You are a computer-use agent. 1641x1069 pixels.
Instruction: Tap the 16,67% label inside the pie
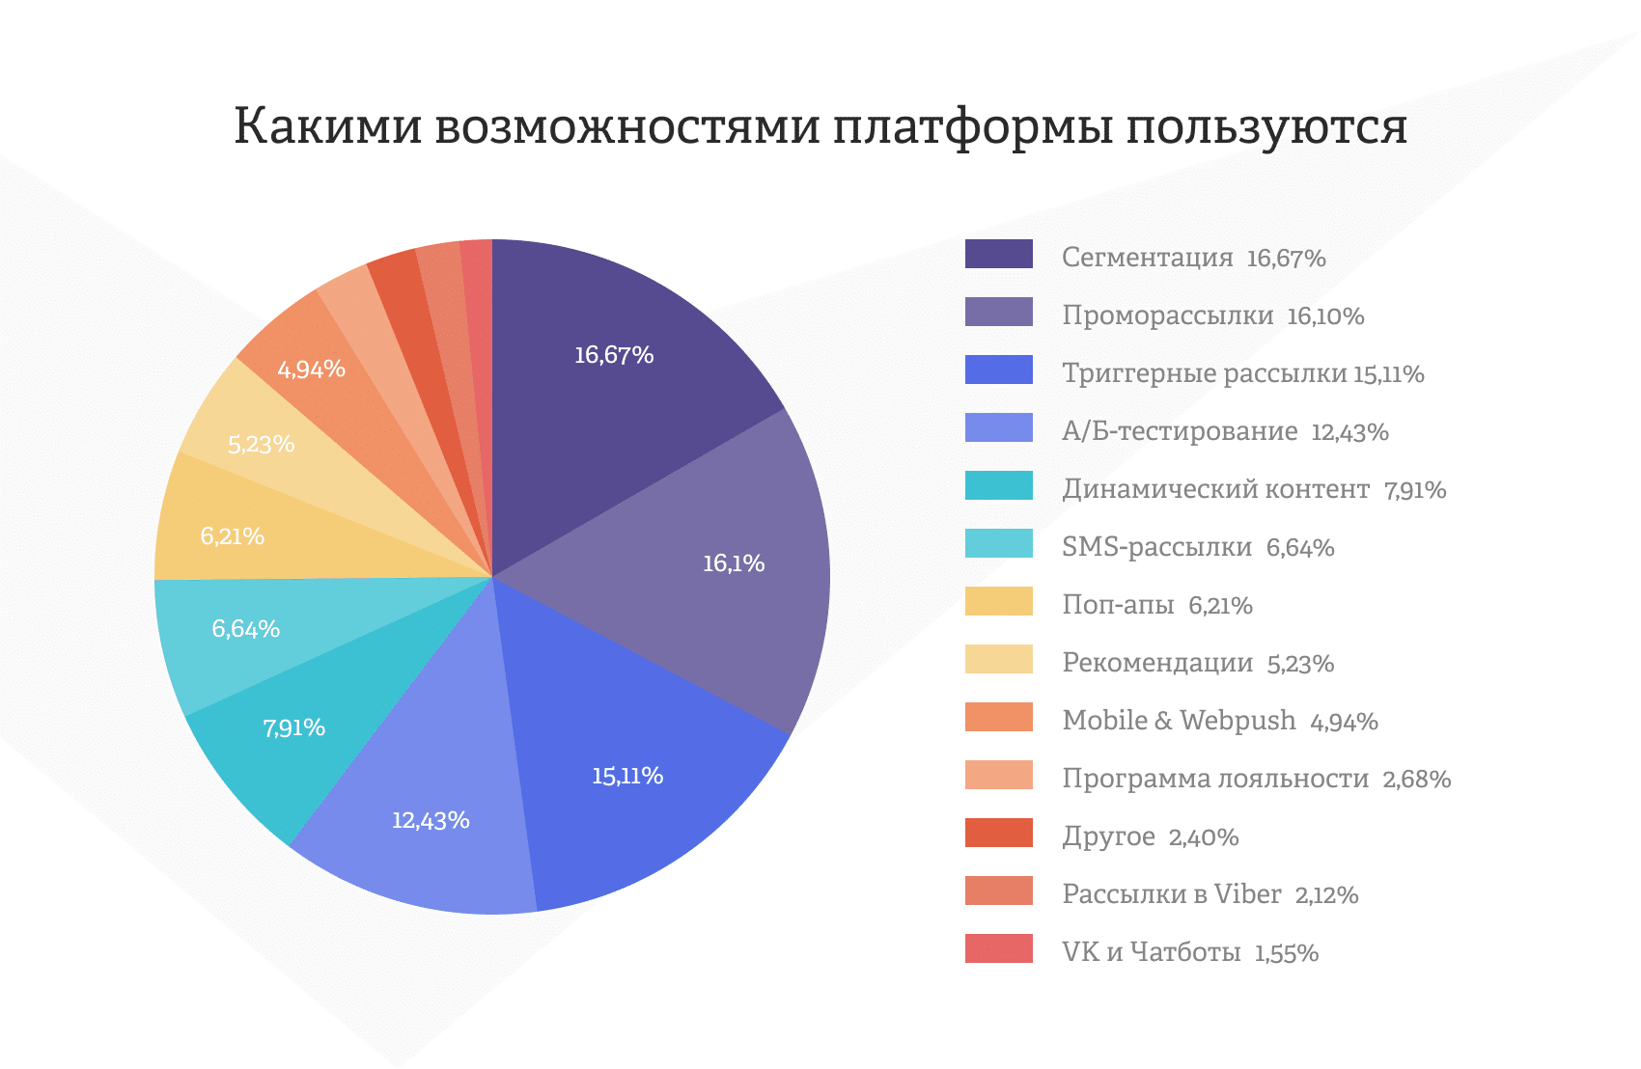pos(614,355)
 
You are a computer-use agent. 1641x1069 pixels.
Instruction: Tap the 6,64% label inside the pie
pos(245,629)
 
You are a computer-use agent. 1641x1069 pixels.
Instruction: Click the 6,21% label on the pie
pos(232,535)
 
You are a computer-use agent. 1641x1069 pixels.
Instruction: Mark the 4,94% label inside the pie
pos(311,369)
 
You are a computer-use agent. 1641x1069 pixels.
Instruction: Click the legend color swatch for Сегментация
pos(998,254)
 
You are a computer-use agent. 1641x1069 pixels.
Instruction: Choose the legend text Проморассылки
pos(1167,315)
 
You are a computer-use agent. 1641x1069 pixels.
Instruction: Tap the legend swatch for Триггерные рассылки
pos(998,370)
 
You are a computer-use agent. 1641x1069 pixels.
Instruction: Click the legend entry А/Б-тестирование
pos(1180,431)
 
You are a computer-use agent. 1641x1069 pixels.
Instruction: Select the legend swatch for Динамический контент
pos(998,485)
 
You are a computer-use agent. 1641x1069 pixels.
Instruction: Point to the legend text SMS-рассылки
pos(1156,547)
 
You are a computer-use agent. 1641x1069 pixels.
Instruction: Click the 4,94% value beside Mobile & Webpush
pos(1344,722)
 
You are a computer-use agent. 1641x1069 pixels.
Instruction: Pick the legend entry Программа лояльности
pos(1215,779)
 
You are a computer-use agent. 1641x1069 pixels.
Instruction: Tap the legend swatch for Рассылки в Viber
pos(998,891)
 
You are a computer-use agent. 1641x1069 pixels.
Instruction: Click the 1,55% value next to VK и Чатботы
pos(1286,953)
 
